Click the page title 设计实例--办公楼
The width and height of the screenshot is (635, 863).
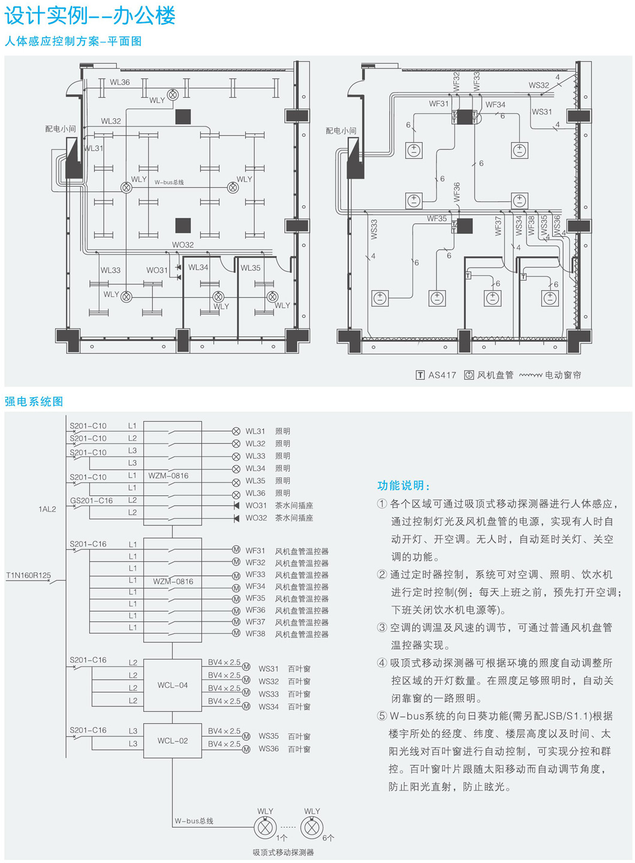coord(90,15)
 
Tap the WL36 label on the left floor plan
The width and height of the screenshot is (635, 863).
coord(119,82)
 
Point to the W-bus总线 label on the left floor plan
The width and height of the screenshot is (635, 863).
coord(169,182)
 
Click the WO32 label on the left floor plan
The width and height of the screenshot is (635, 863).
coord(183,245)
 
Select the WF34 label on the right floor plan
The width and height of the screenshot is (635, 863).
coord(495,104)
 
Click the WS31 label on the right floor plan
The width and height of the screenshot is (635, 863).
coord(541,112)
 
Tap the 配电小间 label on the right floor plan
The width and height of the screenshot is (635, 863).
coord(341,130)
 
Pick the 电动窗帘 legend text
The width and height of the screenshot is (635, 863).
coord(563,375)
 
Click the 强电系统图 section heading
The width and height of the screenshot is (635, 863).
coord(34,402)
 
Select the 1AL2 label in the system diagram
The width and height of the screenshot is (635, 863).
coord(47,509)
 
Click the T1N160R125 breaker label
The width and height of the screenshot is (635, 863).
coord(28,575)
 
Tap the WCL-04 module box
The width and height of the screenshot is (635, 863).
coord(173,685)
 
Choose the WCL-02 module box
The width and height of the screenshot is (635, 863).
coord(173,741)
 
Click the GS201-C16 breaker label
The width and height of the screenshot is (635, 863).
coord(91,500)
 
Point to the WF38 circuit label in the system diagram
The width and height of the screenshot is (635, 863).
coord(255,633)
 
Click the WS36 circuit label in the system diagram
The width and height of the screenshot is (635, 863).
coord(269,748)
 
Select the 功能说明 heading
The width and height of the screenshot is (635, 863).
coord(403,486)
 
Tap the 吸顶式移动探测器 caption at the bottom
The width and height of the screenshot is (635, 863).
coord(283,852)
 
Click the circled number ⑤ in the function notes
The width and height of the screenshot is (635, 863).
coord(382,716)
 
